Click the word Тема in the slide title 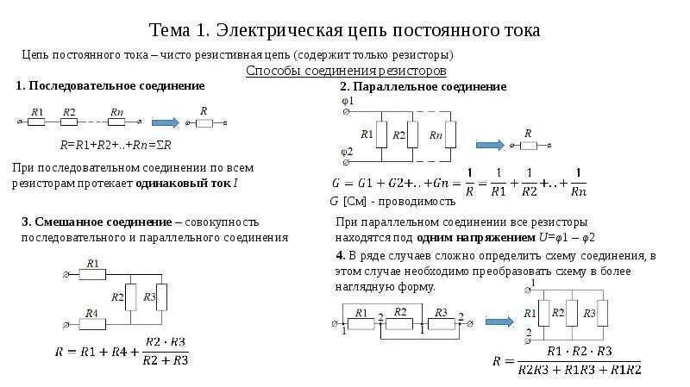tap(172, 30)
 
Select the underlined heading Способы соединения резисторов tap(346, 70)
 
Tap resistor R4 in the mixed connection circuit tap(91, 324)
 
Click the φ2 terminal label tap(348, 151)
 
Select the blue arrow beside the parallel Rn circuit tap(491, 144)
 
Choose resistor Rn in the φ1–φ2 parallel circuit tap(436, 134)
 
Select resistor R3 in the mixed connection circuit tap(160, 297)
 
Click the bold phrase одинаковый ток tap(192, 183)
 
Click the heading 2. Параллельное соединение tap(423, 87)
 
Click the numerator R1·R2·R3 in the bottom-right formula tap(580, 352)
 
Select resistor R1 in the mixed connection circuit tap(91, 272)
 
